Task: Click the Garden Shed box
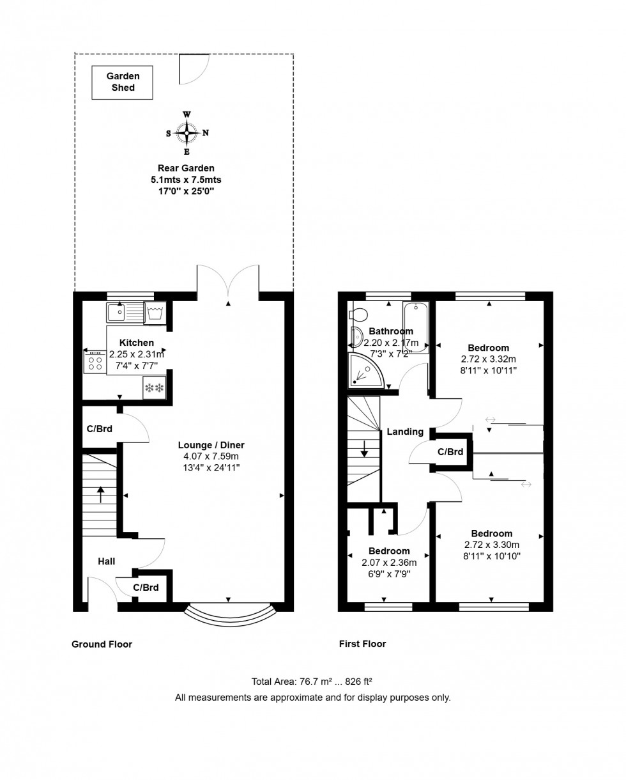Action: [x=122, y=82]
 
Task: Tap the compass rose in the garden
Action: [x=187, y=133]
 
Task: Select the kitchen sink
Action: [x=116, y=313]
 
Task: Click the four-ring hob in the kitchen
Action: [x=95, y=364]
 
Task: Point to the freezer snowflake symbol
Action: [x=154, y=388]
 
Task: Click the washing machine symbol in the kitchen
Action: [x=155, y=313]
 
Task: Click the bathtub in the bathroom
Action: [x=415, y=327]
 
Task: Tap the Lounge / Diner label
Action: [x=211, y=445]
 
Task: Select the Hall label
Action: [x=106, y=561]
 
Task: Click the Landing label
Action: [x=405, y=432]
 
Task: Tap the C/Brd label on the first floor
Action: [x=450, y=452]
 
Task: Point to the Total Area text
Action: [x=312, y=682]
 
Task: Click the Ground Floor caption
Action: [x=102, y=644]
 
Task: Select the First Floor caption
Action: [x=362, y=644]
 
